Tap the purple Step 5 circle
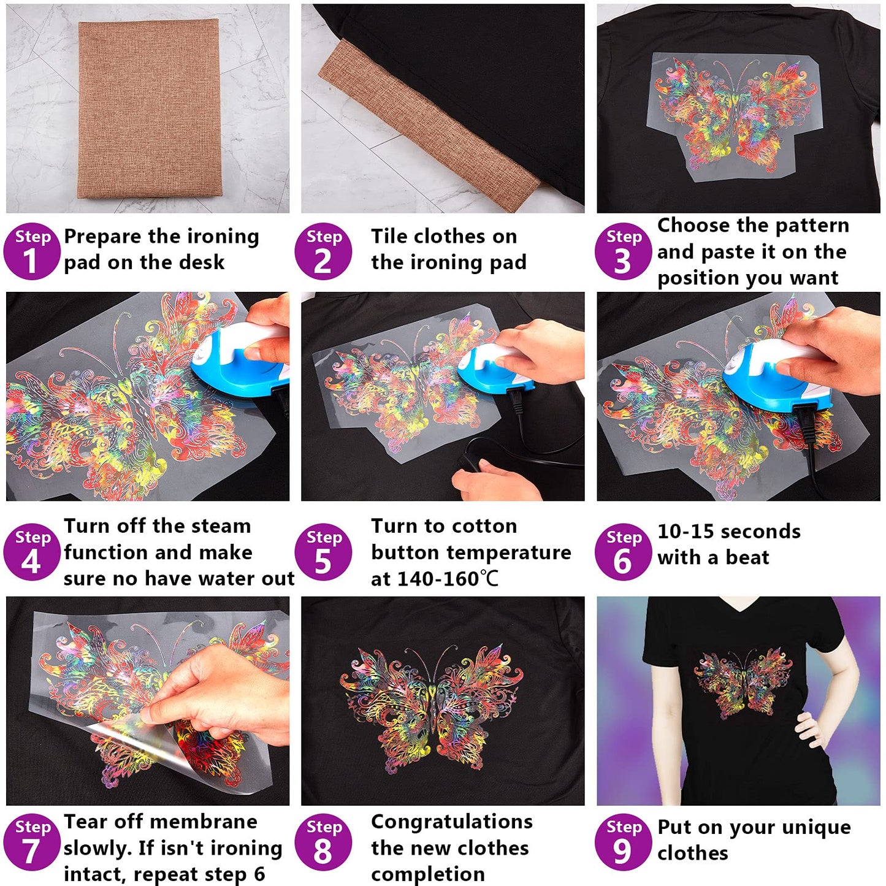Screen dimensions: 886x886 tap(323, 552)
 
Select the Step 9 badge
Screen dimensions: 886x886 tap(622, 842)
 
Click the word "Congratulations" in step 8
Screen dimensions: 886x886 tap(451, 822)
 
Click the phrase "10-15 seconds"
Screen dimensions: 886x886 tap(728, 532)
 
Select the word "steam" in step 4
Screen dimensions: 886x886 tap(218, 526)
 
